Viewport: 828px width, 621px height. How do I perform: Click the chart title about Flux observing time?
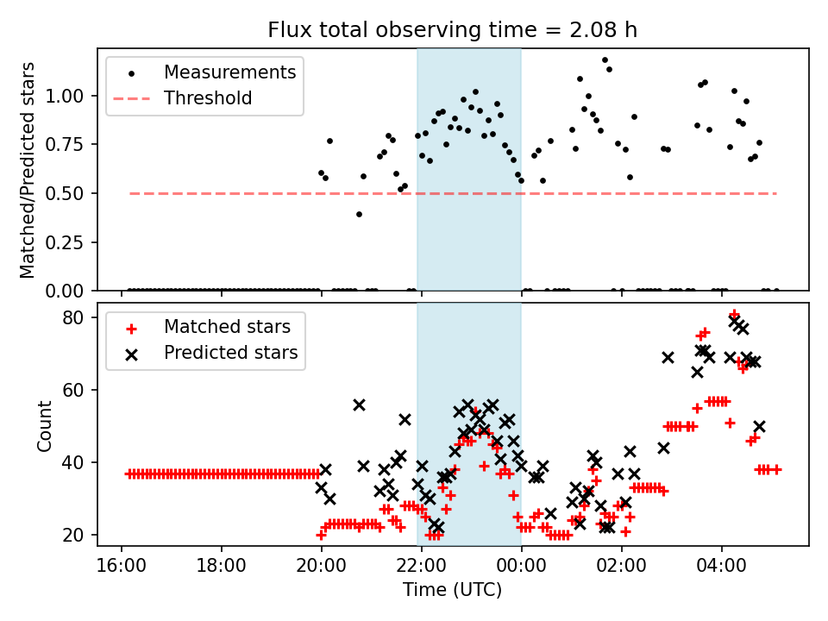point(453,31)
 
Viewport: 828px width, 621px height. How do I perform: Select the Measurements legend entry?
point(230,72)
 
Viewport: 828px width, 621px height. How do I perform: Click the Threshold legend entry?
point(208,98)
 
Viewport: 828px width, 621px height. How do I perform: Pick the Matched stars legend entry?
point(227,327)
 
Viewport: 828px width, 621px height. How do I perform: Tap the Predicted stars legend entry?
point(231,353)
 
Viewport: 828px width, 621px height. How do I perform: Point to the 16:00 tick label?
point(122,567)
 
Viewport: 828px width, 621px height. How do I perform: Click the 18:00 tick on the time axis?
point(222,567)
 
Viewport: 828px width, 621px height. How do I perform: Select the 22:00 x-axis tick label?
point(422,567)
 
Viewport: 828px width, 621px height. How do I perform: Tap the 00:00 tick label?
point(521,567)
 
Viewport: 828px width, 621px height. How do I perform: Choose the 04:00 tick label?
point(721,567)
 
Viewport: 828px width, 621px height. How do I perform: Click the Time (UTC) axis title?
point(453,591)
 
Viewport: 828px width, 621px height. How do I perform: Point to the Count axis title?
point(45,425)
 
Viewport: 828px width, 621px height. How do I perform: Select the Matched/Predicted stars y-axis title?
point(28,170)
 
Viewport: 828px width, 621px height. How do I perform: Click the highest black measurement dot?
point(605,60)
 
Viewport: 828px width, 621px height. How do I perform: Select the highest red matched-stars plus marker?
point(734,315)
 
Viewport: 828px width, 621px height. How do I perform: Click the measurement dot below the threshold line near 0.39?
point(359,214)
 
